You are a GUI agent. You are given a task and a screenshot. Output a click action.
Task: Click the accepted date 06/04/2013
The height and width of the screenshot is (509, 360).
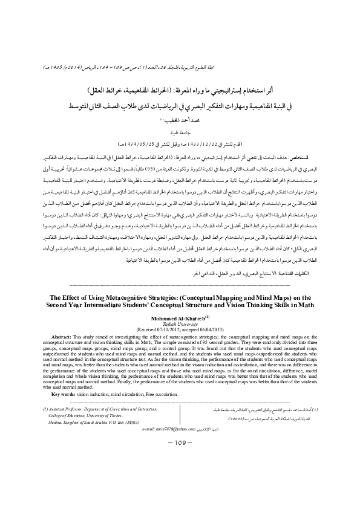[x=212, y=328]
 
